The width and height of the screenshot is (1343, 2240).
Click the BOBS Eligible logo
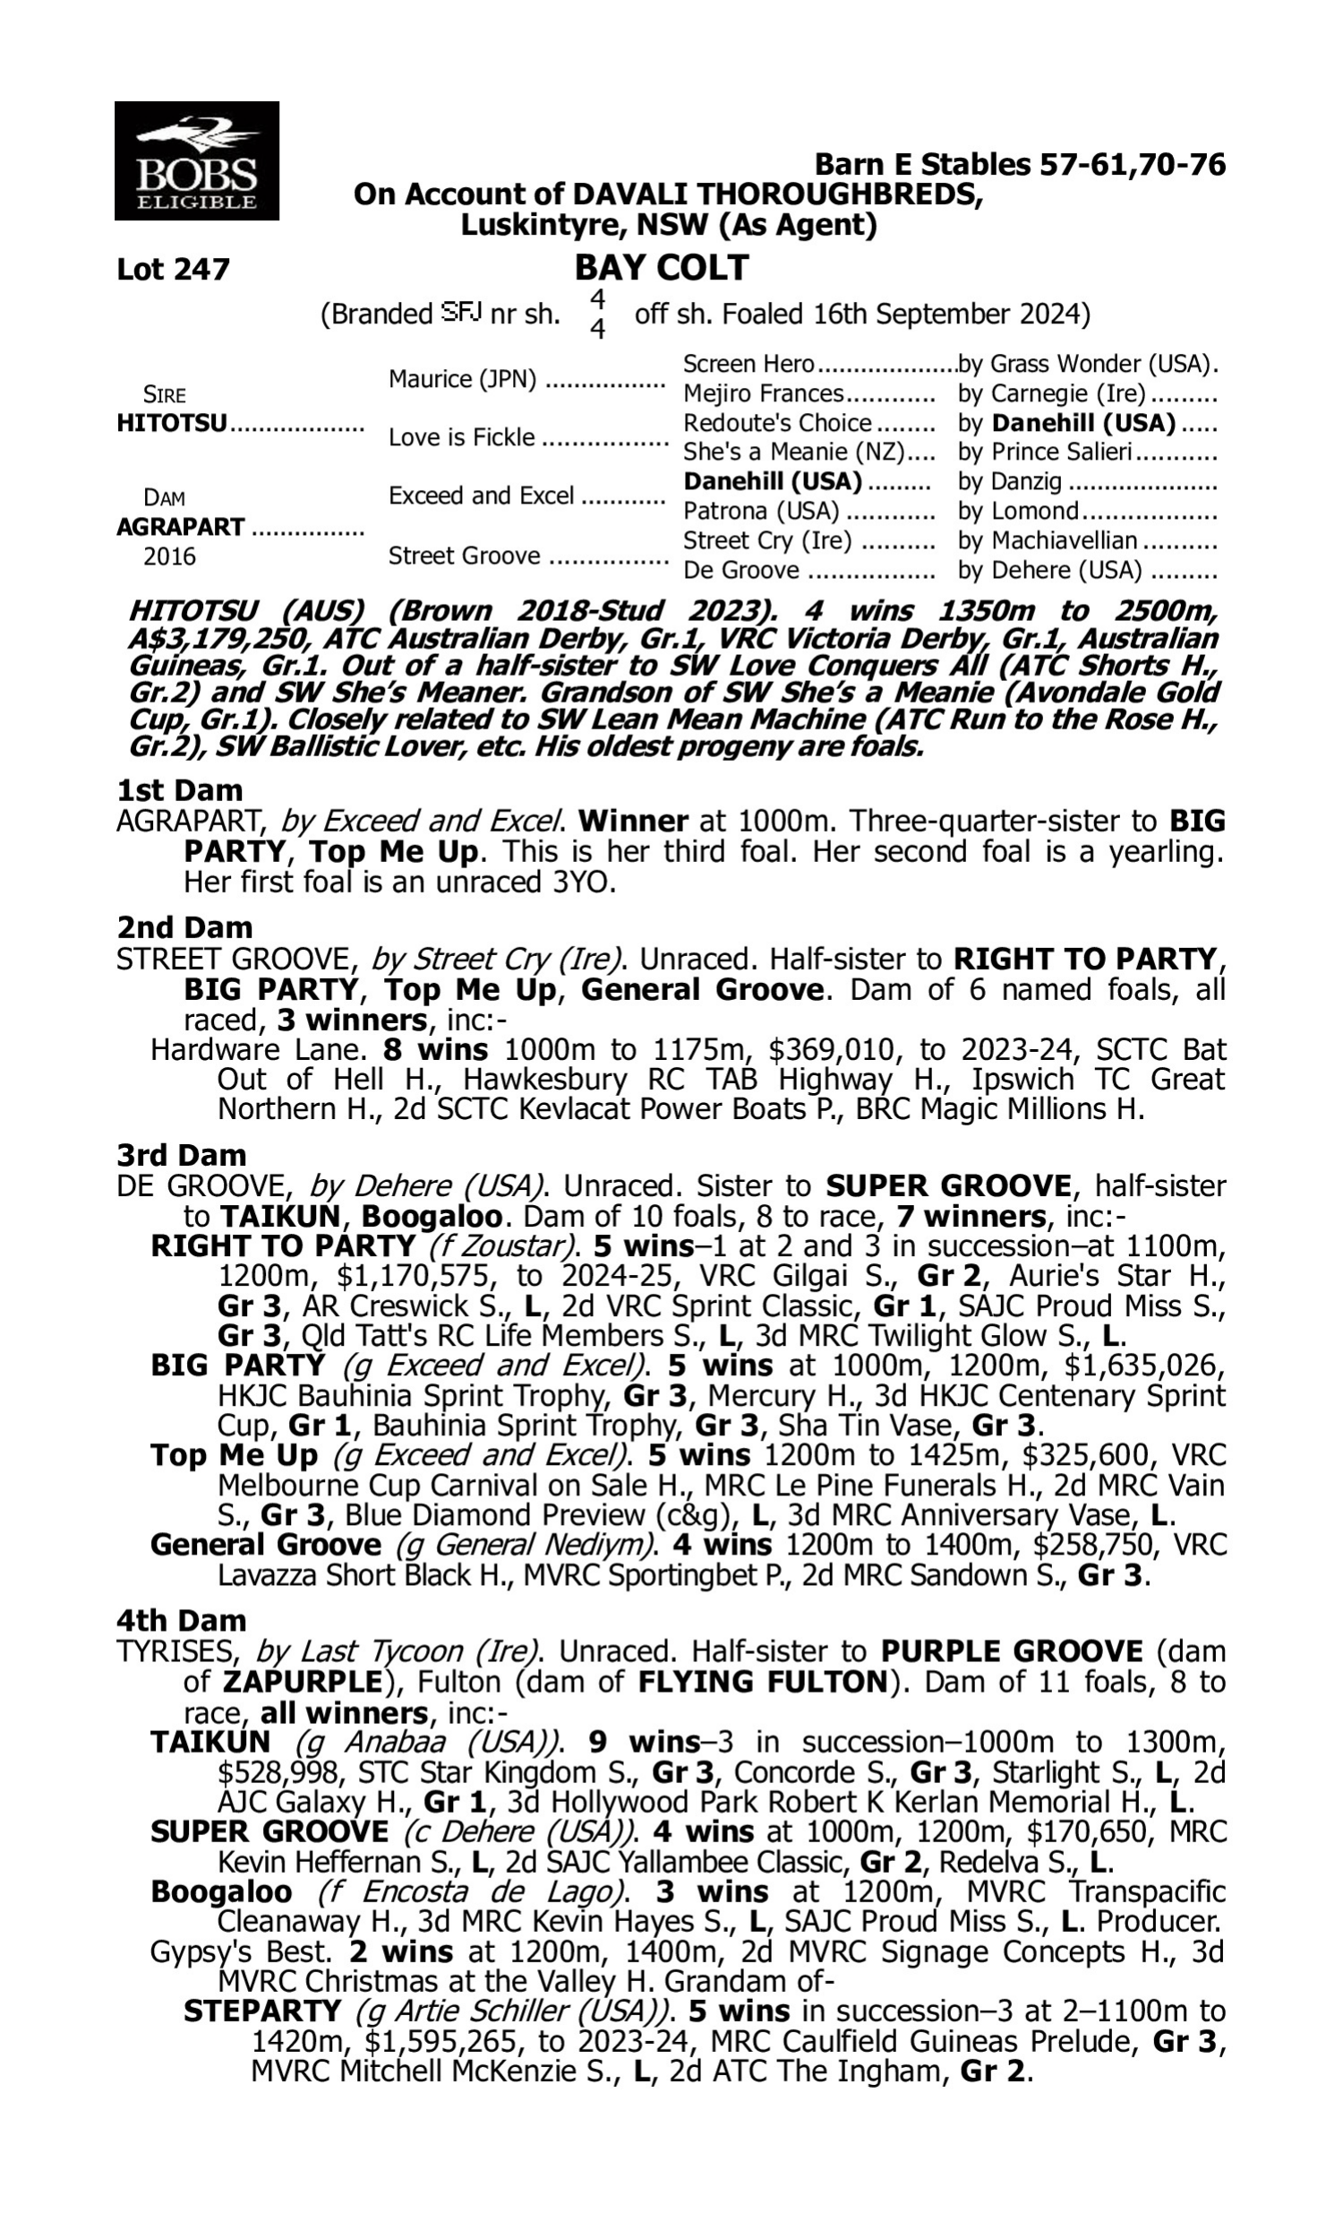pyautogui.click(x=196, y=160)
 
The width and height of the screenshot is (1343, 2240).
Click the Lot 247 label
pyautogui.click(x=173, y=269)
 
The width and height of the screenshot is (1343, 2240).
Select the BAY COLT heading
pyautogui.click(x=662, y=267)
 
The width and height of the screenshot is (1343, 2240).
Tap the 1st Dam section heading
pyautogui.click(x=179, y=790)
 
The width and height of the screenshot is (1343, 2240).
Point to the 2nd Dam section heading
pyautogui.click(x=184, y=927)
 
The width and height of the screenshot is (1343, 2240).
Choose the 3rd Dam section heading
pyautogui.click(x=182, y=1155)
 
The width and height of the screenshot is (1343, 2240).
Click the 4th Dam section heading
pyautogui.click(x=181, y=1620)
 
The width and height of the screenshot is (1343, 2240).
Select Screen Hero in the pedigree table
pyautogui.click(x=748, y=364)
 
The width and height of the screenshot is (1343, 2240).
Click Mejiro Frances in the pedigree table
pyautogui.click(x=763, y=394)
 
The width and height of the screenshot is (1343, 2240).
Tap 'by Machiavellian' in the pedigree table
pyautogui.click(x=1047, y=540)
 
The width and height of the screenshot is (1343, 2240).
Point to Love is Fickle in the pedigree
pyautogui.click(x=461, y=437)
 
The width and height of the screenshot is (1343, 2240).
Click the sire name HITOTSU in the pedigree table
pyautogui.click(x=172, y=424)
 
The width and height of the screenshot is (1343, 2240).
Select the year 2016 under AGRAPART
pyautogui.click(x=169, y=556)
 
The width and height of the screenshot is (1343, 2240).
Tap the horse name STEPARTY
pyautogui.click(x=262, y=2012)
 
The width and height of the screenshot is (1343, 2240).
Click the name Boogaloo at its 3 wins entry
pyautogui.click(x=221, y=1892)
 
